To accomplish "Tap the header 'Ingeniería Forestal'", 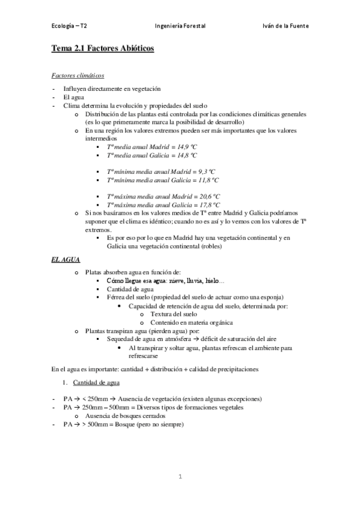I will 180,26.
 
